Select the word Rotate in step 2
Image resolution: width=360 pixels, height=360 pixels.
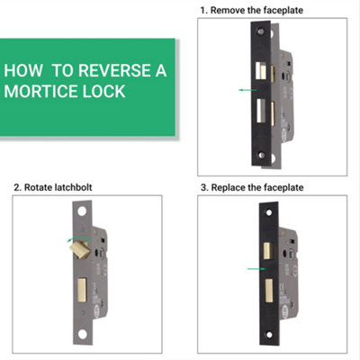pos(39,187)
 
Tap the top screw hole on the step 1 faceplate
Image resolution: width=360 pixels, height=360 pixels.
pos(261,32)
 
